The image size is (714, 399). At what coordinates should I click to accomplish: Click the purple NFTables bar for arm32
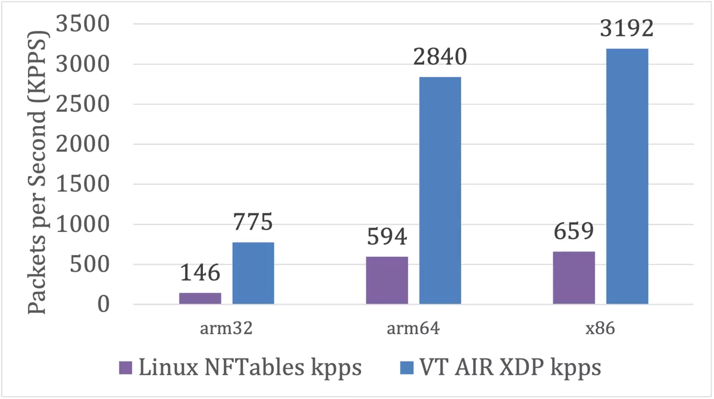click(x=200, y=299)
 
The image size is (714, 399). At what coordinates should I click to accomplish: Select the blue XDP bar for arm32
click(x=253, y=274)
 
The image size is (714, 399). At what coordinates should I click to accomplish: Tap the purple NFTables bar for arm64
click(x=387, y=281)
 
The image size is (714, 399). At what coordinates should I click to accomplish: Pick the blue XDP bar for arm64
click(x=440, y=190)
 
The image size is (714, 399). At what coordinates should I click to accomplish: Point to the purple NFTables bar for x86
click(x=574, y=278)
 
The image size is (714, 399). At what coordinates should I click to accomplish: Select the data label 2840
click(x=440, y=57)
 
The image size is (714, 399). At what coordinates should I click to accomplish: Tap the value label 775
click(x=253, y=222)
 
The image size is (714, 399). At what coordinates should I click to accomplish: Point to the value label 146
click(x=200, y=273)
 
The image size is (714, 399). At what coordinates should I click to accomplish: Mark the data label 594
click(x=387, y=237)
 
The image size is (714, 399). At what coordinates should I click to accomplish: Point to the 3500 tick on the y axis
click(x=83, y=25)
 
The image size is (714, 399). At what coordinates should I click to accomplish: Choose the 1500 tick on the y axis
click(x=83, y=184)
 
